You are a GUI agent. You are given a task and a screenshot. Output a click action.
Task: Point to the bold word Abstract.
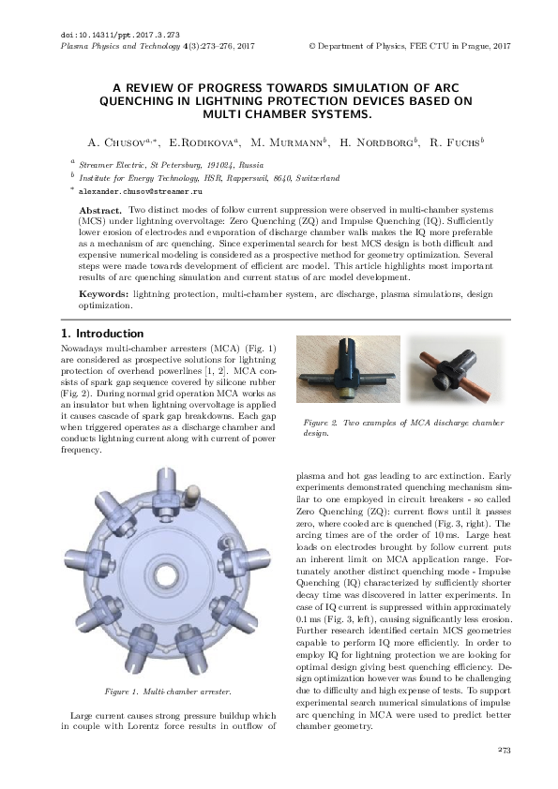coord(99,211)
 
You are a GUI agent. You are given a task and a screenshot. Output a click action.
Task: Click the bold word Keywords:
coord(104,294)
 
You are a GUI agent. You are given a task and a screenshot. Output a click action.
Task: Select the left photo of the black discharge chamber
coord(343,371)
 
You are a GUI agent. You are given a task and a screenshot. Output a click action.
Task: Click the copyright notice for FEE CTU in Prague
coord(409,45)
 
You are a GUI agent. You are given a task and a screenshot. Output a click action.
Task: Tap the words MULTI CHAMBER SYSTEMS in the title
coord(279,113)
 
